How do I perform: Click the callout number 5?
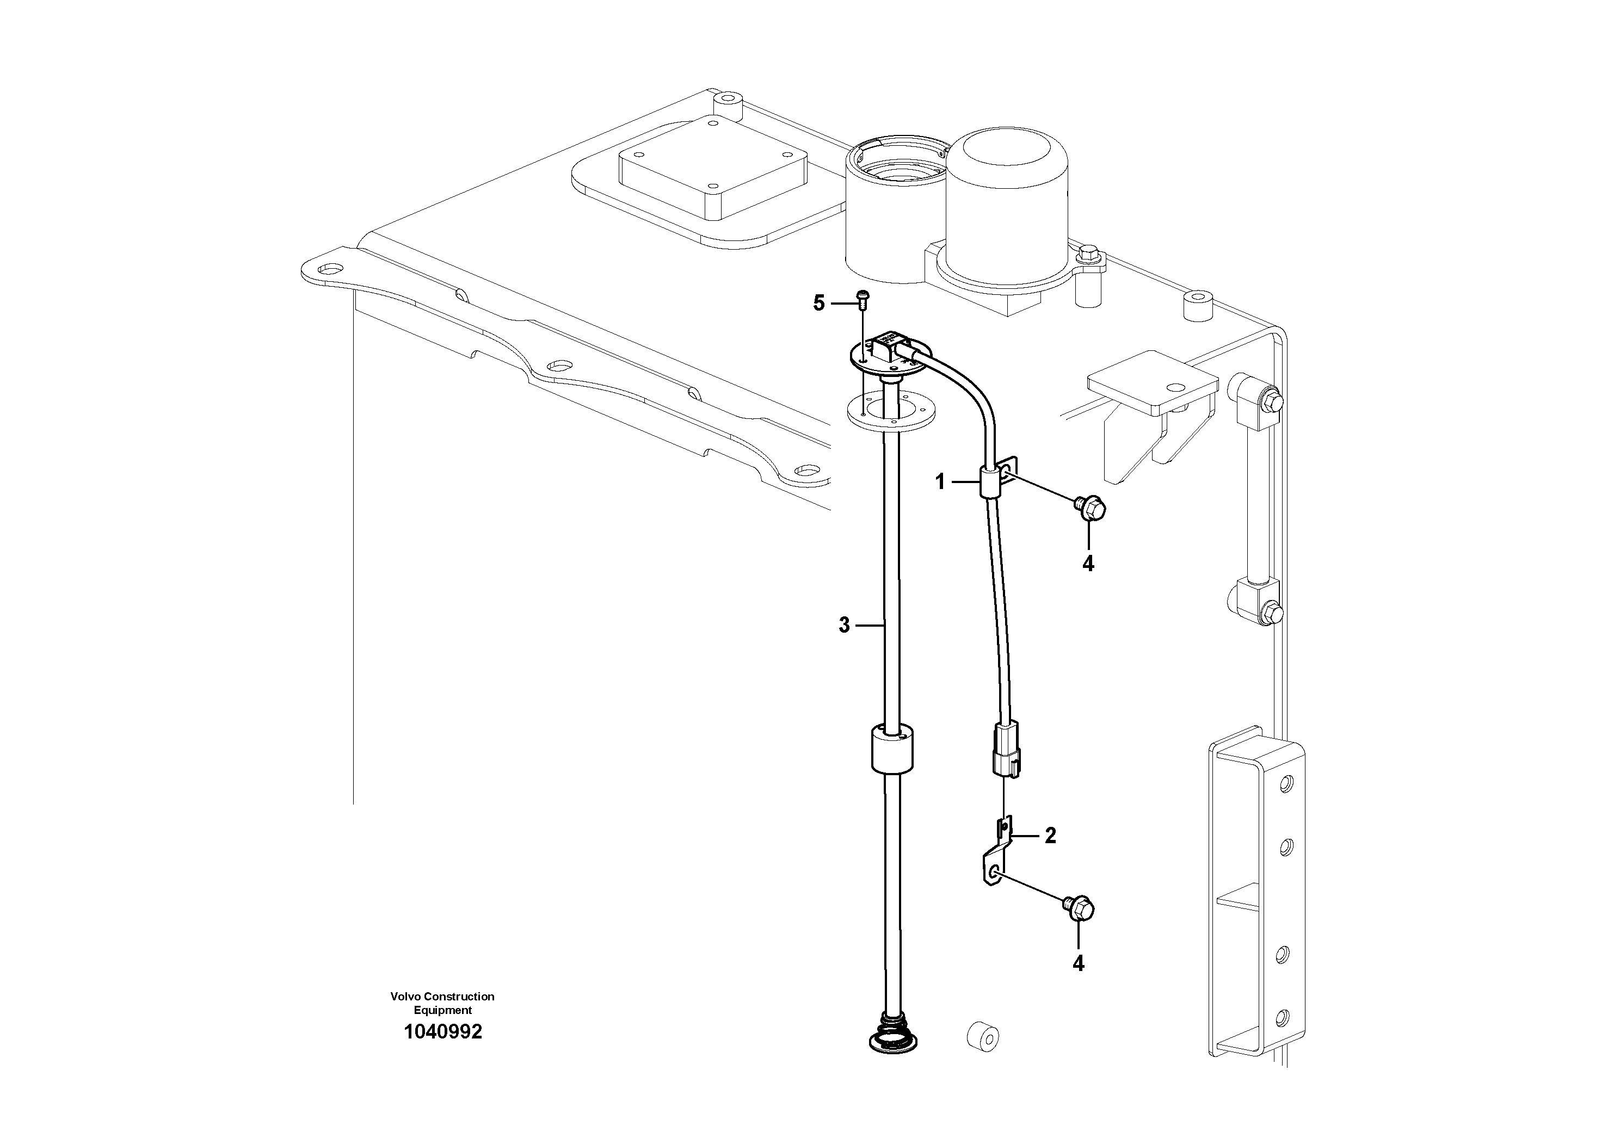pyautogui.click(x=818, y=304)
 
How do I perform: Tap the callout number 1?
pyautogui.click(x=940, y=483)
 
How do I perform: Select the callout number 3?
pyautogui.click(x=845, y=625)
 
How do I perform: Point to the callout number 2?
pyautogui.click(x=1051, y=836)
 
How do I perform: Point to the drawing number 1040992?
pyautogui.click(x=442, y=1032)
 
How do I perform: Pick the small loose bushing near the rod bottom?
pyautogui.click(x=982, y=1037)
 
